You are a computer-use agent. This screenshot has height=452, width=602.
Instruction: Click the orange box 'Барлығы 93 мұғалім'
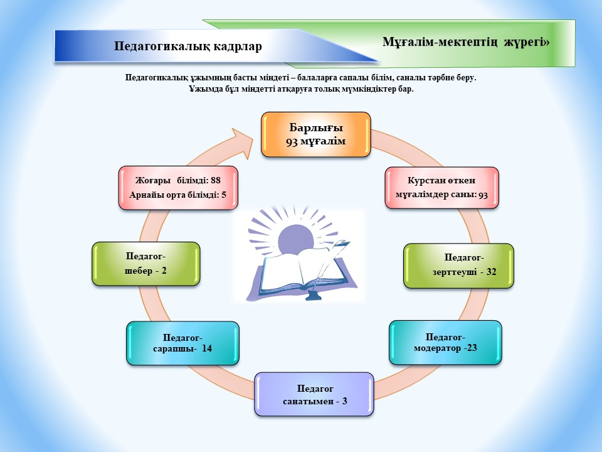click(315, 134)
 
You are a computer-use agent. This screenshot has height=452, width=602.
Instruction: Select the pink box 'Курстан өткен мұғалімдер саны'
click(441, 188)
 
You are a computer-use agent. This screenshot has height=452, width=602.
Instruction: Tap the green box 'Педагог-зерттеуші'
click(458, 266)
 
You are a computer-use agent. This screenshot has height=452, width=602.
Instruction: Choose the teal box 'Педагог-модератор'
click(445, 343)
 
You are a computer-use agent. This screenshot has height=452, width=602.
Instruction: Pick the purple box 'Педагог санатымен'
click(314, 394)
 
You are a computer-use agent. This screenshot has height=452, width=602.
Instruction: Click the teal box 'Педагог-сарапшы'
click(182, 343)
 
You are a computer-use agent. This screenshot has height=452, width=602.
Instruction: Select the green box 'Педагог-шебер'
click(146, 264)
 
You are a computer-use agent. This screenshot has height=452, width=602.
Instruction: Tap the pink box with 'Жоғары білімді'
click(178, 188)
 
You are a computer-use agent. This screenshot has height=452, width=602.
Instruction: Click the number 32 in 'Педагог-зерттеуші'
click(492, 272)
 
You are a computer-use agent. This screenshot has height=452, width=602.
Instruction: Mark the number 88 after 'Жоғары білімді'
click(215, 180)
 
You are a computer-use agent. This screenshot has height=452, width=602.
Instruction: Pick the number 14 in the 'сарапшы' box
click(207, 348)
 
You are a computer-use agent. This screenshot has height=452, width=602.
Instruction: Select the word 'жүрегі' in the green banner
click(524, 41)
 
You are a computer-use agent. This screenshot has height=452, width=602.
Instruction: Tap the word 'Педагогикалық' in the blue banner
click(162, 46)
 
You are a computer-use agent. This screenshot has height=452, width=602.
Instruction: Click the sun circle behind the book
click(297, 239)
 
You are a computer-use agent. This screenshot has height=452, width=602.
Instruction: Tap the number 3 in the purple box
click(345, 401)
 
